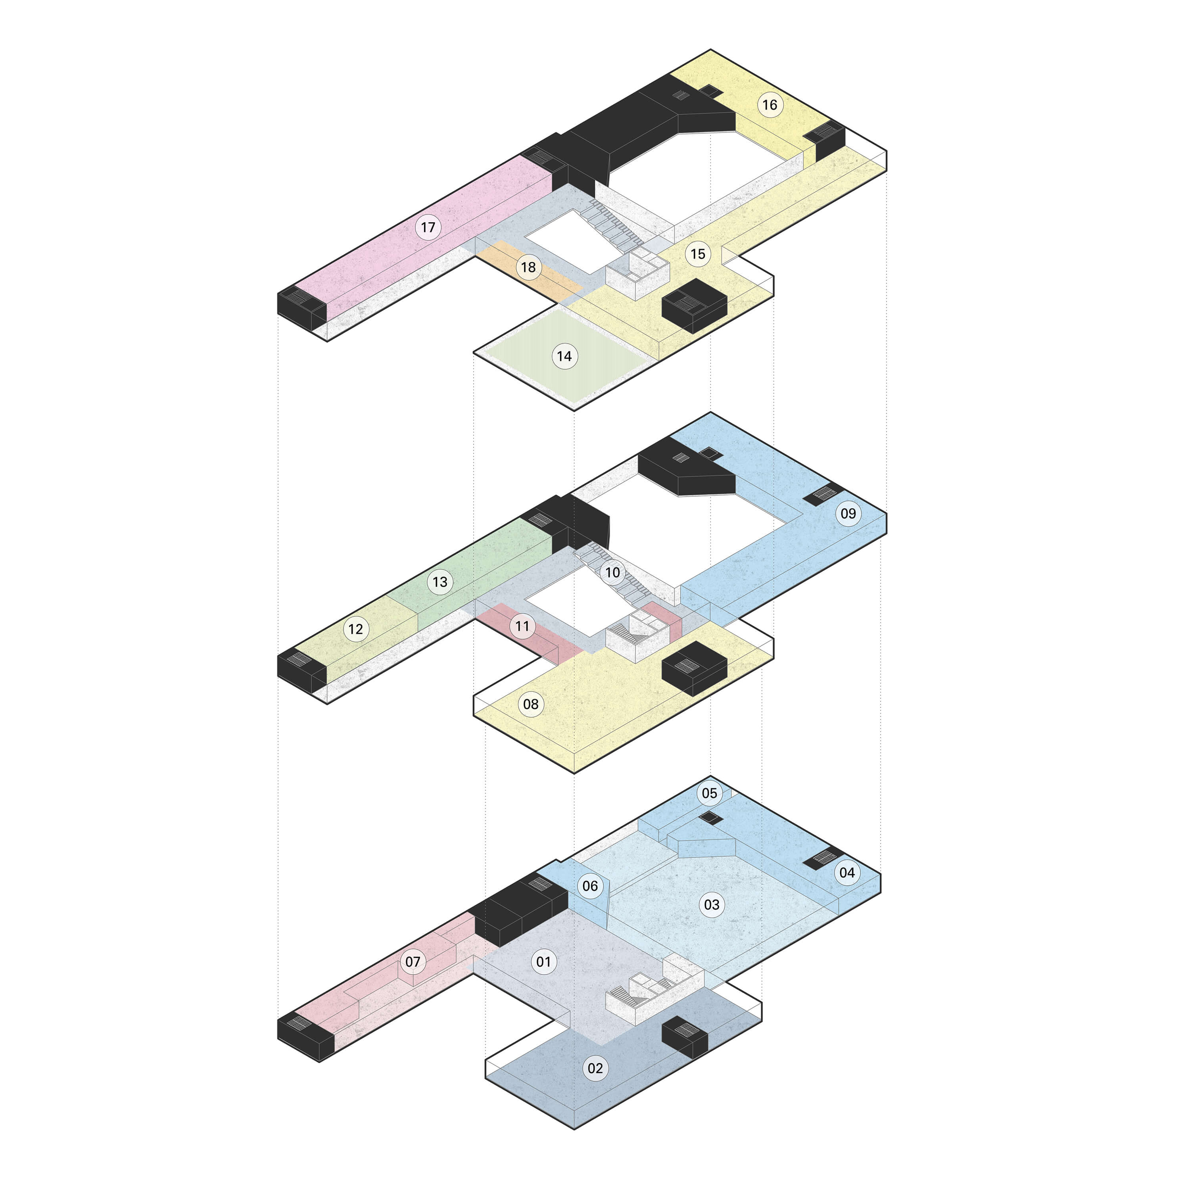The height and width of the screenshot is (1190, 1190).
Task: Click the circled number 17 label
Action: click(x=428, y=227)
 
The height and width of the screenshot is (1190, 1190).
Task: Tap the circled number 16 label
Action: click(x=770, y=105)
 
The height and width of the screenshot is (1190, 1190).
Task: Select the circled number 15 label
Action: click(x=698, y=254)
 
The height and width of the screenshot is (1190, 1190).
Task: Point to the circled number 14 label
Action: click(x=564, y=356)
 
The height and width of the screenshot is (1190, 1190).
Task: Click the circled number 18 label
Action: click(x=528, y=267)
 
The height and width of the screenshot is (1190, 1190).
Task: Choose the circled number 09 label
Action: click(x=848, y=513)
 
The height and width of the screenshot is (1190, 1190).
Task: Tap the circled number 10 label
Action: click(x=612, y=573)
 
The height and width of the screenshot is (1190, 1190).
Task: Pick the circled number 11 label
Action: click(x=522, y=626)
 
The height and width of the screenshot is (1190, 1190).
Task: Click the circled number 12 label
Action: click(x=355, y=629)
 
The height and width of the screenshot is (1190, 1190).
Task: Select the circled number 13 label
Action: click(x=440, y=582)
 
